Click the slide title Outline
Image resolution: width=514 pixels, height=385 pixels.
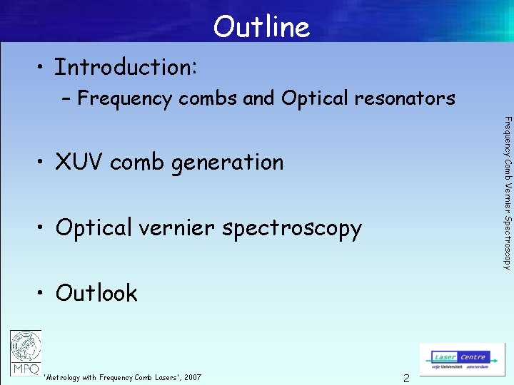click(261, 27)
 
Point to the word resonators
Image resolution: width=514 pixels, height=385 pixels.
click(405, 98)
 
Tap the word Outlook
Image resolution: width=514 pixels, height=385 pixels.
click(96, 293)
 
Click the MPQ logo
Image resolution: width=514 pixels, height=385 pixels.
click(26, 353)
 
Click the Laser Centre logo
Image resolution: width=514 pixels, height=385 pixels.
click(462, 359)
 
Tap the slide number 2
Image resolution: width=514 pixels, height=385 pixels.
click(406, 378)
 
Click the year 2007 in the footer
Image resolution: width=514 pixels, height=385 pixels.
click(192, 377)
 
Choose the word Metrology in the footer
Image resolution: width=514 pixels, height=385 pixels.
click(64, 377)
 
